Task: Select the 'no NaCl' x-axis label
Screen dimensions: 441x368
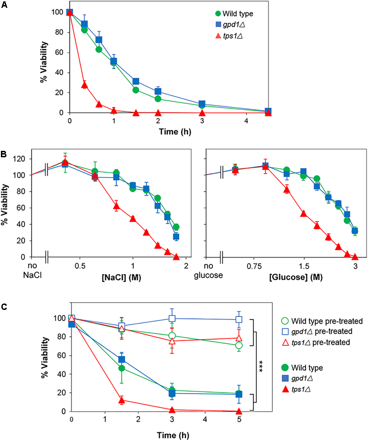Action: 32,270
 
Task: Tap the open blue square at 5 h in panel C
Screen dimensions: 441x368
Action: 239,320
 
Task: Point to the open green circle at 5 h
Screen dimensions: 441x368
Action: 239,345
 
